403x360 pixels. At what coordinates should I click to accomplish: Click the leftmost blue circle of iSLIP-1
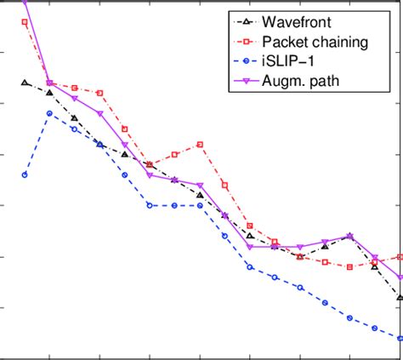[25, 174]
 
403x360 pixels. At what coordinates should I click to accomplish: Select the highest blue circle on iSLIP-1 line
[49, 113]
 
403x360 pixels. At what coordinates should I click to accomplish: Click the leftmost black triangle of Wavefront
[25, 83]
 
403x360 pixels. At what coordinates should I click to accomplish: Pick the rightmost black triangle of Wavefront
[400, 297]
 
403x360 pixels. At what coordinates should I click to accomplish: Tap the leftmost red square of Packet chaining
[25, 21]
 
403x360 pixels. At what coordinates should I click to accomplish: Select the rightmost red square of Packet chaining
[400, 256]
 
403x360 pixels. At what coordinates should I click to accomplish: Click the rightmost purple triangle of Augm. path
[400, 277]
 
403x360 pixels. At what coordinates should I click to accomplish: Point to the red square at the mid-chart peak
[200, 145]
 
